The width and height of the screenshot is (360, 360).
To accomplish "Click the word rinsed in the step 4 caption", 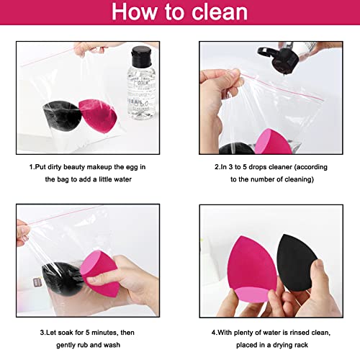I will click(295, 332).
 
